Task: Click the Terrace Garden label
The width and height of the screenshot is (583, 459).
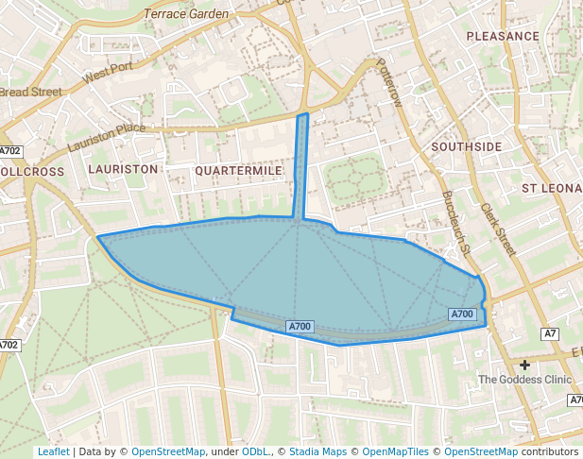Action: point(186,14)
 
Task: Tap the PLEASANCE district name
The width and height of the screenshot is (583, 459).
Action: point(504,36)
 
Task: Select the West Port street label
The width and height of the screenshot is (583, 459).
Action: point(109,73)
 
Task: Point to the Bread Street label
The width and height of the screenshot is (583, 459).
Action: point(30,93)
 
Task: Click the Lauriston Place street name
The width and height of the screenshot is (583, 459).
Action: point(106,138)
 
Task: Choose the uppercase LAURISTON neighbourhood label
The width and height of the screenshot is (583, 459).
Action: point(123,168)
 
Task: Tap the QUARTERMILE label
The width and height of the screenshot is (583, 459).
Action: point(238,170)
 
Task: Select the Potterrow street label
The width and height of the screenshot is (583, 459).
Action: point(388,81)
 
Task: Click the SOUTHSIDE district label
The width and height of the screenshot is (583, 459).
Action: point(467,147)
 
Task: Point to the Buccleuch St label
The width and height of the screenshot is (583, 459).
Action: point(455,223)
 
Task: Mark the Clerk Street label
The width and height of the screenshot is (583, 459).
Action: point(497,229)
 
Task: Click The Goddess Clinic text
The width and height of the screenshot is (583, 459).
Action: point(524,380)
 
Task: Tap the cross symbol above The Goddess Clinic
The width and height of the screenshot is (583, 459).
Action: point(524,364)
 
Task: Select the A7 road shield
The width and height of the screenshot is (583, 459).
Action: point(550,333)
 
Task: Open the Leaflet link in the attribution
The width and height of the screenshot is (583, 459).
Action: point(53,451)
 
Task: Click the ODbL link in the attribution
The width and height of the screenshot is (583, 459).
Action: point(255,451)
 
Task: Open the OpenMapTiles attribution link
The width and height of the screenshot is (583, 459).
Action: point(396,451)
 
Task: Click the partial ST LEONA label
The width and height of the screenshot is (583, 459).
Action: point(552,189)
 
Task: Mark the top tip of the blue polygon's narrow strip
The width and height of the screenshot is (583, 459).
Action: point(302,114)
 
